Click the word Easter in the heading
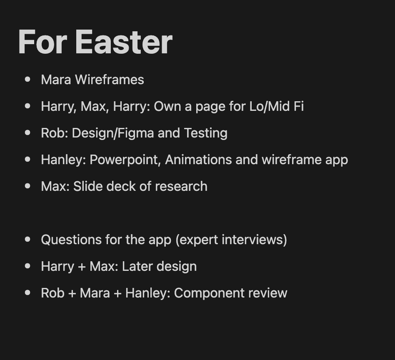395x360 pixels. pyautogui.click(x=124, y=42)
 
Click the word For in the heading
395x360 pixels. pyautogui.click(x=42, y=42)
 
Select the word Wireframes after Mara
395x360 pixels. pyautogui.click(x=110, y=80)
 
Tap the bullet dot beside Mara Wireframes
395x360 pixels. pyautogui.click(x=28, y=79)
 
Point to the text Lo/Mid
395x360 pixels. pyautogui.click(x=270, y=106)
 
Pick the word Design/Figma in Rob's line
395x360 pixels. pyautogui.click(x=113, y=133)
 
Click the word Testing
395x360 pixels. pyautogui.click(x=206, y=133)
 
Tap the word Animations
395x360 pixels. pyautogui.click(x=198, y=160)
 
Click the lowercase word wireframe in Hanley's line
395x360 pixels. pyautogui.click(x=292, y=160)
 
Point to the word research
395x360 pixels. pyautogui.click(x=181, y=186)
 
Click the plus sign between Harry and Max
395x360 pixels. pyautogui.click(x=82, y=267)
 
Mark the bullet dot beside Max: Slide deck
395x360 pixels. pyautogui.click(x=28, y=186)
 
